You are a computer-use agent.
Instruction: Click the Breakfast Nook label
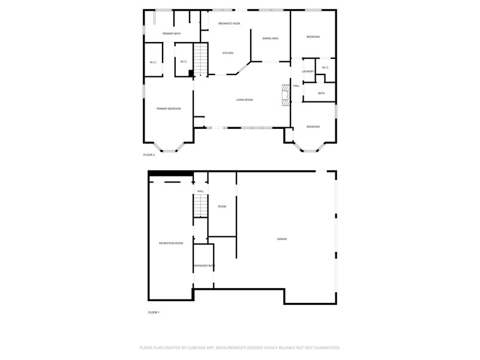pyautogui.click(x=229, y=23)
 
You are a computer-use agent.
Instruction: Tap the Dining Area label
pyautogui.click(x=271, y=38)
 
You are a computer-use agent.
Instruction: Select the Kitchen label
pyautogui.click(x=228, y=53)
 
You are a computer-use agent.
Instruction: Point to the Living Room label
pyautogui.click(x=244, y=100)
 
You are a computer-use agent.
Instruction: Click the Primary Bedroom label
pyautogui.click(x=169, y=109)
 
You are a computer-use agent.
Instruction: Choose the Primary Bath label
pyautogui.click(x=172, y=34)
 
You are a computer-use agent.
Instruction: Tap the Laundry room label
pyautogui.click(x=308, y=71)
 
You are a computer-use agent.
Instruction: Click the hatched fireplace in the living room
pyautogui.click(x=286, y=95)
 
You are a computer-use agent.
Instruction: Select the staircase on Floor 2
pyautogui.click(x=201, y=59)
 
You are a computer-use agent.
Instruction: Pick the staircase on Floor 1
pyautogui.click(x=200, y=205)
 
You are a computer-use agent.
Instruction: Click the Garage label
pyautogui.click(x=282, y=239)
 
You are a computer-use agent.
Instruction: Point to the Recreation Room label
pyautogui.click(x=171, y=244)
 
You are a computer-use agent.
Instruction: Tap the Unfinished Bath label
pyautogui.click(x=204, y=266)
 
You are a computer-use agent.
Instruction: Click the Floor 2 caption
pyautogui.click(x=149, y=155)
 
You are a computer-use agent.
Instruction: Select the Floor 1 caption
pyautogui.click(x=154, y=313)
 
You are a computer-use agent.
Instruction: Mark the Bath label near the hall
pyautogui.click(x=321, y=94)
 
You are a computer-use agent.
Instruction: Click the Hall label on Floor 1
pyautogui.click(x=200, y=191)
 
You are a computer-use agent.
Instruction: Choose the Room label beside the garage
pyautogui.click(x=222, y=206)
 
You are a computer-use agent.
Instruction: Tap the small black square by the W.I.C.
pyautogui.click(x=191, y=73)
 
